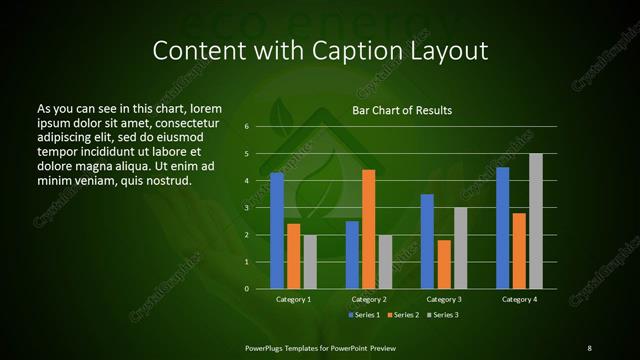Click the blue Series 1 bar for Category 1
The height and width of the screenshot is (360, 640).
[x=277, y=230]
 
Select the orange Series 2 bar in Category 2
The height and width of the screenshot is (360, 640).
[x=369, y=229]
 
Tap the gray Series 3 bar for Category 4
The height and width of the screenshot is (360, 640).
[x=536, y=221]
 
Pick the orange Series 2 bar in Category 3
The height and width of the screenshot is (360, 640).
[x=444, y=264]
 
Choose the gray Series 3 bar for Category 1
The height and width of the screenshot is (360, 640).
[x=310, y=262]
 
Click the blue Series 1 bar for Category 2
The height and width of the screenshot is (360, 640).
[x=352, y=255]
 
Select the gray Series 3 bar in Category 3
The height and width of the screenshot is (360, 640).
[x=461, y=248]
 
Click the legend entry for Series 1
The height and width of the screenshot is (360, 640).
[x=363, y=315]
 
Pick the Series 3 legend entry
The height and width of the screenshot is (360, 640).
[x=445, y=315]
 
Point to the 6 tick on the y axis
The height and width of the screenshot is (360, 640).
[x=246, y=127]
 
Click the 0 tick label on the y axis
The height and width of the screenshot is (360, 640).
[x=246, y=289]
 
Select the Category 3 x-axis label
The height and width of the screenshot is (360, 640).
[x=444, y=300]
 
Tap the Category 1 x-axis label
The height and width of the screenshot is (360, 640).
[x=294, y=300]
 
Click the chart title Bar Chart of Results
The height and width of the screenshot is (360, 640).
[x=402, y=109]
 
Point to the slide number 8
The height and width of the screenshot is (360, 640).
[x=589, y=347]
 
